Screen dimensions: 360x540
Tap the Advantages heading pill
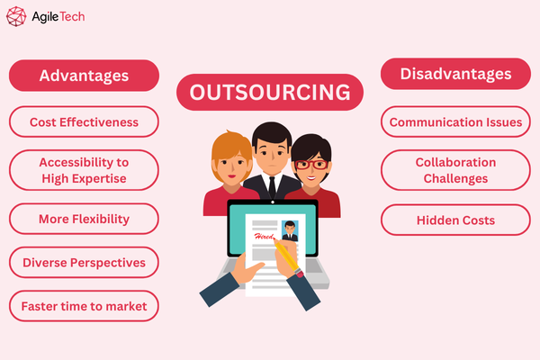coord(84,76)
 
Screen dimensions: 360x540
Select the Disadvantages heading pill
coord(454,74)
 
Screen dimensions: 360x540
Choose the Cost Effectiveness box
coord(84,121)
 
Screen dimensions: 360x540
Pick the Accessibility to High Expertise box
coord(84,169)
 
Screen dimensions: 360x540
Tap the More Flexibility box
coord(84,219)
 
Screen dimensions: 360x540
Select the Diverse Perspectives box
coord(84,263)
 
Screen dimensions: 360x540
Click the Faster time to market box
coord(84,306)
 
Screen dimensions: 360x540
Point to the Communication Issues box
coord(454,121)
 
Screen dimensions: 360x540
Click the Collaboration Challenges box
coord(454,170)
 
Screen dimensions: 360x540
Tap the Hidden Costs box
coord(454,220)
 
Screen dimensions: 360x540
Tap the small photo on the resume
coord(290,230)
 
